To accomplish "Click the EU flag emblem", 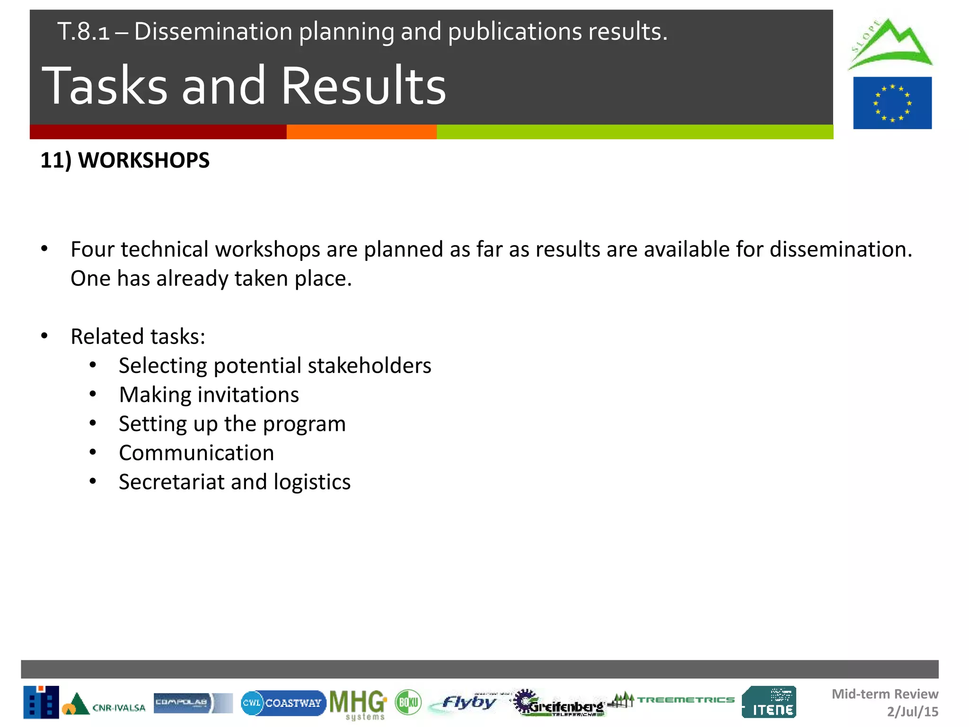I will tap(892, 103).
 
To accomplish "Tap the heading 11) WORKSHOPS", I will tap(125, 160).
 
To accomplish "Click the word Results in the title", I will tap(363, 86).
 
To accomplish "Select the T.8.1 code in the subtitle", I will tap(83, 32).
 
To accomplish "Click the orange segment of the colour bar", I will tap(361, 132).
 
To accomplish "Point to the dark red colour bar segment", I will tap(158, 132).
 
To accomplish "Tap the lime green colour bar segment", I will tap(634, 132).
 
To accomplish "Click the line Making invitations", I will tap(209, 395).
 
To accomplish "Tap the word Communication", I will tap(196, 453).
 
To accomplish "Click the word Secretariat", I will tap(172, 482).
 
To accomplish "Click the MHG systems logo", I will tap(358, 704).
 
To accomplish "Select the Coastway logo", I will tap(283, 703).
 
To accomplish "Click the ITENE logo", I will tap(769, 702).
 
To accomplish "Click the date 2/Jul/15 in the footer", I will tap(912, 711).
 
